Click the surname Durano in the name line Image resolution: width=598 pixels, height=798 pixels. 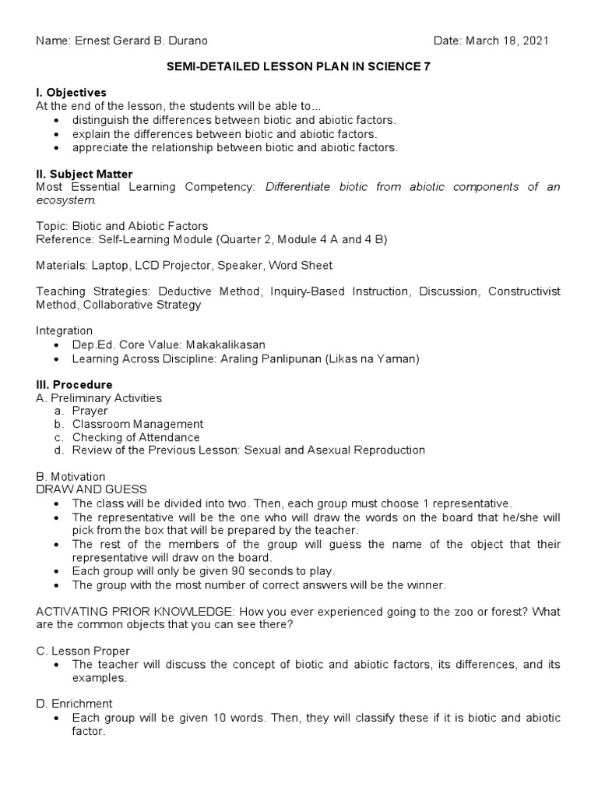pyautogui.click(x=187, y=41)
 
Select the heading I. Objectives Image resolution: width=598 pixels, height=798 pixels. pyautogui.click(x=71, y=93)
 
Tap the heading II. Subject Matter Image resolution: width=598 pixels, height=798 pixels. pyautogui.click(x=84, y=174)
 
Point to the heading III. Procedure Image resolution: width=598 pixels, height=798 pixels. pyautogui.click(x=74, y=385)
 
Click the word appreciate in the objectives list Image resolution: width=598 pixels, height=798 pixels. pyautogui.click(x=100, y=147)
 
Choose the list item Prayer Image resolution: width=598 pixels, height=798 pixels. pyautogui.click(x=90, y=411)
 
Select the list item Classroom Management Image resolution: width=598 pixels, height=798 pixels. pyautogui.click(x=137, y=424)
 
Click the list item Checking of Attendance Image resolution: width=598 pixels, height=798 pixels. pyautogui.click(x=135, y=437)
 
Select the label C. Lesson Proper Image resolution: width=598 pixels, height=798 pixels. pyautogui.click(x=83, y=651)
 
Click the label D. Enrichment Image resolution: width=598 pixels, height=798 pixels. pyautogui.click(x=74, y=704)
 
